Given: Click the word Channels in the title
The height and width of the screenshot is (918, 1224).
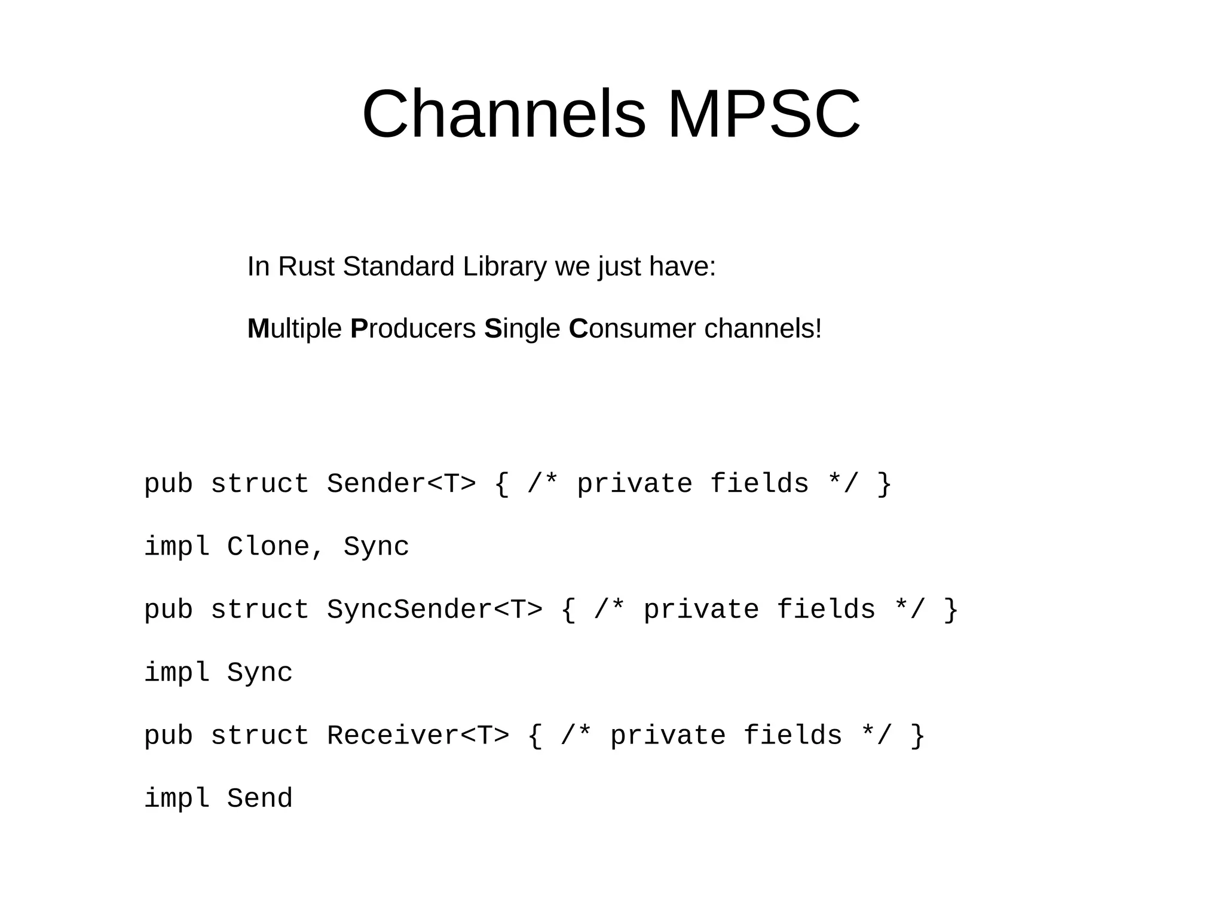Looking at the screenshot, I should coord(504,114).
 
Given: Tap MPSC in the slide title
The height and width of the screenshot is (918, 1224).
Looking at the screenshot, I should coord(763,114).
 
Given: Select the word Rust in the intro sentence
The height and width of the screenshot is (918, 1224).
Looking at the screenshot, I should coord(305,267).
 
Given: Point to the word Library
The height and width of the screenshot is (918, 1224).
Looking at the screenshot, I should coord(504,267).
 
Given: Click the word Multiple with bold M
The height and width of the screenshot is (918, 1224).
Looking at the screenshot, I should coord(294,329).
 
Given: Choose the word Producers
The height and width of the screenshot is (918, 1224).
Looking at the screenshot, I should coord(413,329).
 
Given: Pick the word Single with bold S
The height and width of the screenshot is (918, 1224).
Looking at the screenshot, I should coord(522,329).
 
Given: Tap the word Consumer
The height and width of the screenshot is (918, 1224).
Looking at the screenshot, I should coord(632,329).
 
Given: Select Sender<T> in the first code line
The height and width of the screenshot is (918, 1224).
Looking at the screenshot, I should coord(401,484).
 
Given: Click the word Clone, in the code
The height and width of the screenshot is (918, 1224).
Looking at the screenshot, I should coord(276,547).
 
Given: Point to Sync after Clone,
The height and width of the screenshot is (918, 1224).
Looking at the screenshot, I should coord(376,547).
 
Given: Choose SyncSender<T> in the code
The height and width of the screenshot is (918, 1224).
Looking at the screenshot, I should coord(434,610).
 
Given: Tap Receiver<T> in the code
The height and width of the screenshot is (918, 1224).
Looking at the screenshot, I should coord(418,736).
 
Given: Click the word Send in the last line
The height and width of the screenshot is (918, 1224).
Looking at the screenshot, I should coord(259,798).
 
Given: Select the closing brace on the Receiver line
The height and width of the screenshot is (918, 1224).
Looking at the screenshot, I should coord(917,736).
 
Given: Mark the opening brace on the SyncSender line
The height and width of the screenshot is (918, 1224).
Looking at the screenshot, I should coord(568,610).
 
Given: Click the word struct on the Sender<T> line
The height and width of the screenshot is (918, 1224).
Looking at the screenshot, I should coord(259,484).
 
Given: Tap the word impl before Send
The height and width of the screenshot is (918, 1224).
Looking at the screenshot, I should coord(177,798).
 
